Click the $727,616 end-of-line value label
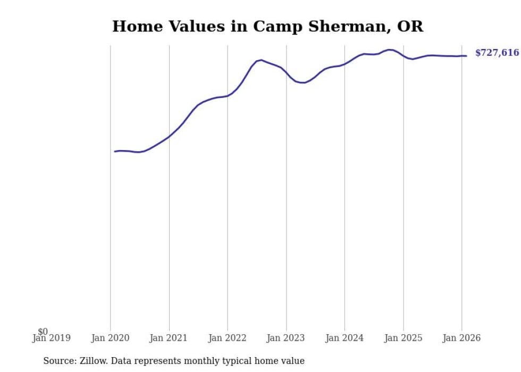(x=497, y=53)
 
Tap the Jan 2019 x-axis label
(x=52, y=338)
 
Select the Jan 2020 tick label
(x=110, y=338)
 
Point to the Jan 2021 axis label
(x=169, y=338)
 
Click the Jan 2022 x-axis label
(x=228, y=338)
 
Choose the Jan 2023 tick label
(x=286, y=338)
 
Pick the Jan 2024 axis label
(x=344, y=338)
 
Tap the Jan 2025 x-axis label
(x=404, y=338)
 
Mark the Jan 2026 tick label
(x=461, y=338)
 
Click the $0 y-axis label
(x=43, y=332)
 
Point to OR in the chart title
(x=411, y=27)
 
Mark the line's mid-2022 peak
(x=261, y=60)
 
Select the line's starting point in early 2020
(x=114, y=152)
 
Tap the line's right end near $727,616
(x=466, y=56)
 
